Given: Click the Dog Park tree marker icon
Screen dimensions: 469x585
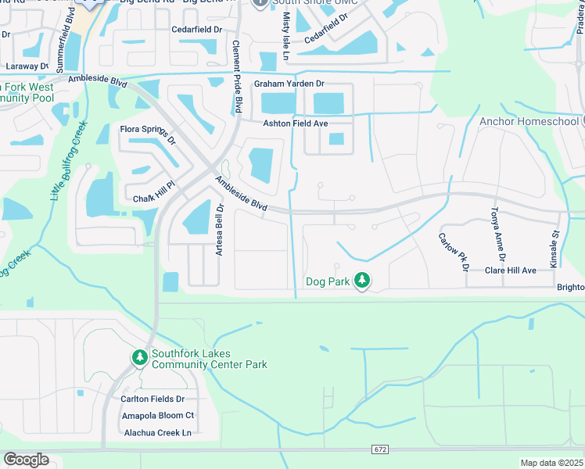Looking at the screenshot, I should click(361, 279).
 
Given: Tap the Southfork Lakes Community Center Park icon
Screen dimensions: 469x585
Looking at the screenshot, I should click(140, 357).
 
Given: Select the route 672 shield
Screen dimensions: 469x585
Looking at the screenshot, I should click(379, 450).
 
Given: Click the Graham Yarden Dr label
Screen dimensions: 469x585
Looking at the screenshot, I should click(289, 84).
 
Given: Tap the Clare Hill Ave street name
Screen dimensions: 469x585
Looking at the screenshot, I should click(510, 270).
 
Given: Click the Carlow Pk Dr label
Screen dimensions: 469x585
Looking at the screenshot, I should click(453, 252).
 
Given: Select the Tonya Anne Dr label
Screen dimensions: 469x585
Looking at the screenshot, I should click(498, 234).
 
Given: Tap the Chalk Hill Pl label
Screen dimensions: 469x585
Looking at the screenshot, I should click(146, 198).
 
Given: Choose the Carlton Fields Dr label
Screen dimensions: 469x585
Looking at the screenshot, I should click(152, 399).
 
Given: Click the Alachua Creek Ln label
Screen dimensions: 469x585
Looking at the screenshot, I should click(156, 432).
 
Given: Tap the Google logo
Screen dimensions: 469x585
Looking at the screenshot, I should click(26, 460).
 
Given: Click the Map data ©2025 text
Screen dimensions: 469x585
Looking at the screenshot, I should click(551, 463).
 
